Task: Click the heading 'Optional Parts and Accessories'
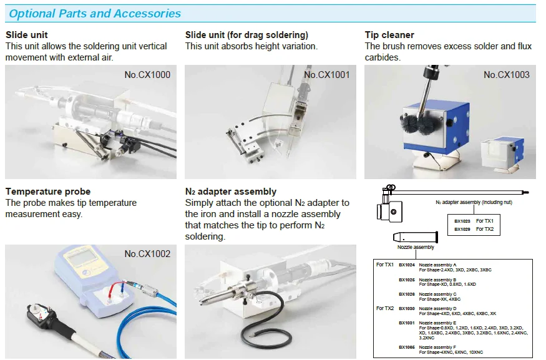(x=95, y=13)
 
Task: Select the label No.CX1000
(x=147, y=75)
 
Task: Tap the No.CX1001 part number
(x=326, y=75)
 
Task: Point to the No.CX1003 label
(x=506, y=75)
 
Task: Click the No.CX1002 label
(x=147, y=254)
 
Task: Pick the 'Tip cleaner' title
(x=389, y=35)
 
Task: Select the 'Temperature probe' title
(x=48, y=192)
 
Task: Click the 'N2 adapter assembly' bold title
(x=231, y=192)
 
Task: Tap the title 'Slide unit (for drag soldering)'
(x=246, y=35)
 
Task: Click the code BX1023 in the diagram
(x=462, y=221)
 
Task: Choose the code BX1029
(x=462, y=229)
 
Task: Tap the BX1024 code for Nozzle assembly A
(x=407, y=265)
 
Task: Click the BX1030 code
(x=407, y=308)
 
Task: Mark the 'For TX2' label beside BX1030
(x=385, y=308)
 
